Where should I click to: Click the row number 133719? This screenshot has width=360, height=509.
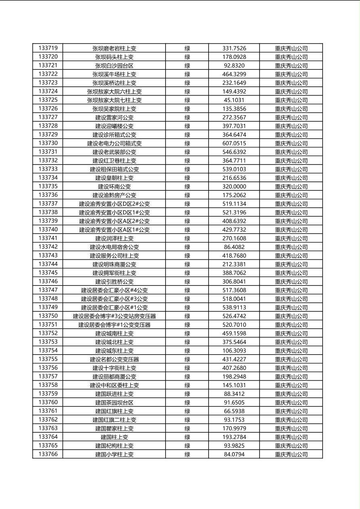[48, 48]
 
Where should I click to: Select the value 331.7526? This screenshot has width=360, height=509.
[234, 48]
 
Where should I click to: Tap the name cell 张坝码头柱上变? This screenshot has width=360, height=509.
[114, 57]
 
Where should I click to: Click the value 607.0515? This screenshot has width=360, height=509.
[234, 143]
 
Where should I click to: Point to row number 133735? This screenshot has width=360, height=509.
[48, 186]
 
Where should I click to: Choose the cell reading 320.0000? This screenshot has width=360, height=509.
[234, 186]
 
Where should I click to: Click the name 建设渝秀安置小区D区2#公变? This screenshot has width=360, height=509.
[114, 204]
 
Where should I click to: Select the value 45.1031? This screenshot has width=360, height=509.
[234, 100]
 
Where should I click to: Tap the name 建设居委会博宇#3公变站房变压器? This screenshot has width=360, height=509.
[114, 316]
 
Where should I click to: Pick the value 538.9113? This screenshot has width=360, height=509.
[234, 307]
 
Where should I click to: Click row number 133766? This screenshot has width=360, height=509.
[48, 454]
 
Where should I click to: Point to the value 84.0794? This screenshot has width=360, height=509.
[234, 454]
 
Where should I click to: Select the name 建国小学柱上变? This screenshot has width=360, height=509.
[114, 454]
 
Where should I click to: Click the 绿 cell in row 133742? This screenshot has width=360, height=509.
[187, 247]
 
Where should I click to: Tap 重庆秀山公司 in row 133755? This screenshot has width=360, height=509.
[291, 359]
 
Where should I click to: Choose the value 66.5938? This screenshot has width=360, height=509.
[234, 411]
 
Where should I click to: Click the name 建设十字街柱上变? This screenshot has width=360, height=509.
[114, 368]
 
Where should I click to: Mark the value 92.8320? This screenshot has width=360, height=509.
[234, 65]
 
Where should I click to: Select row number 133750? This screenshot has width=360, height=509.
[48, 316]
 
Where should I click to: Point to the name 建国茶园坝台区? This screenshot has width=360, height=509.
[114, 403]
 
